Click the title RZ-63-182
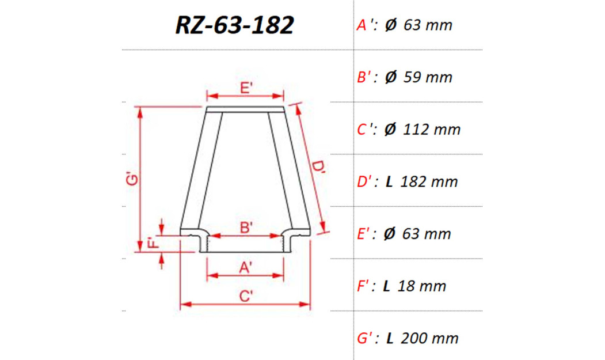234,25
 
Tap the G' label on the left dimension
132,180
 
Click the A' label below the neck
245,267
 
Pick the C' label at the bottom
246,296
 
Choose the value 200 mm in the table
431,338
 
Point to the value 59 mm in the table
428,77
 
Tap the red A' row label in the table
365,25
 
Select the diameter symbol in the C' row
390,130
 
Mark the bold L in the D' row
389,182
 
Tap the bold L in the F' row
387,286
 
